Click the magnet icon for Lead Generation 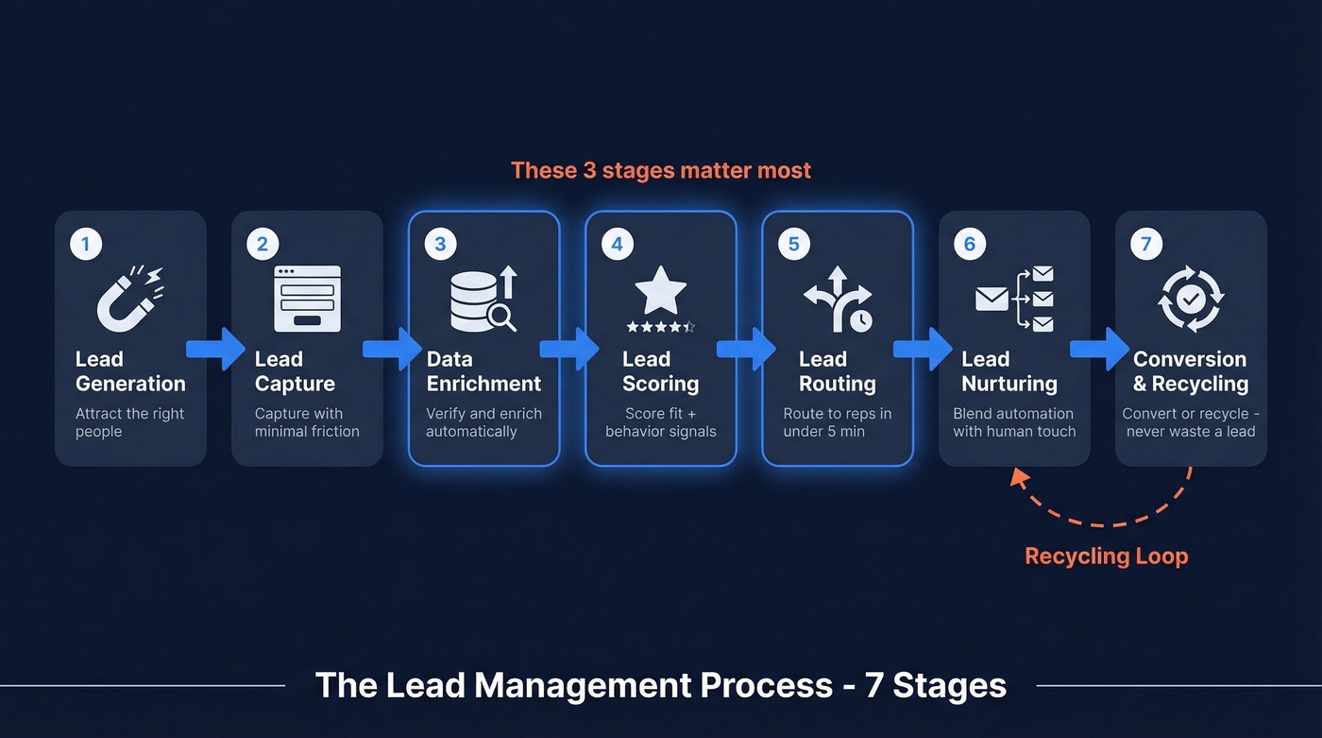130,298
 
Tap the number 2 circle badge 262,244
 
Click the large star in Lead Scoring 660,291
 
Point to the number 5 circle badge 793,244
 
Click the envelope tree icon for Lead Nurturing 1014,300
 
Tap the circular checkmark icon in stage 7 1191,299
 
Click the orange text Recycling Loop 1106,557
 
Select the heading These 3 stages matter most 661,171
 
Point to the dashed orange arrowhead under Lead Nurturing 1019,478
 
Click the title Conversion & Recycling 1190,371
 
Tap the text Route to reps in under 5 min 837,422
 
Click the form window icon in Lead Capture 307,299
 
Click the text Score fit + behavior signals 660,422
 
